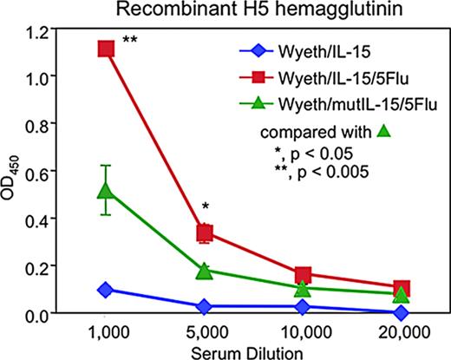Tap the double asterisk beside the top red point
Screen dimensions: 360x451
click(132, 41)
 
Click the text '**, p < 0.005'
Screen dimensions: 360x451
click(318, 172)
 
